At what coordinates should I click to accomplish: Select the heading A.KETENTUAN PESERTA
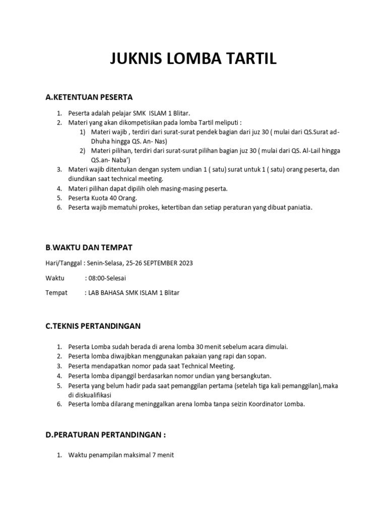(89, 97)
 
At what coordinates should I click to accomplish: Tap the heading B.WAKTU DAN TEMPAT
(89, 247)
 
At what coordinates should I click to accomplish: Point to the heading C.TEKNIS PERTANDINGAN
(93, 326)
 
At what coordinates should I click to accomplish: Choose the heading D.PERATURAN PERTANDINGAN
(105, 434)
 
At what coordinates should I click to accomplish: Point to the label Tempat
(56, 293)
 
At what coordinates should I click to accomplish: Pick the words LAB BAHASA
(106, 293)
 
